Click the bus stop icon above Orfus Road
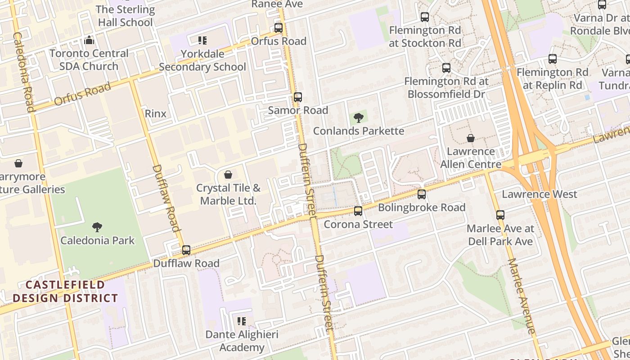click(279, 27)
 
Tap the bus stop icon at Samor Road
click(297, 97)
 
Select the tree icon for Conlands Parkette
click(359, 118)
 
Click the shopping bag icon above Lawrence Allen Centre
click(470, 138)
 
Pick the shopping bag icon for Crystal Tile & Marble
click(228, 175)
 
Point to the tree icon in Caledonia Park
click(97, 227)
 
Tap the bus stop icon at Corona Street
click(358, 211)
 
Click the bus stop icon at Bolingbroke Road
click(422, 194)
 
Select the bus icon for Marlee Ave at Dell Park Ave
click(500, 215)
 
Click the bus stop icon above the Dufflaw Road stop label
click(186, 250)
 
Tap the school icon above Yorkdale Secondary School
click(202, 41)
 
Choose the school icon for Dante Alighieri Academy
click(242, 321)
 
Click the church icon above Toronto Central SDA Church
click(89, 40)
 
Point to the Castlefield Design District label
click(65, 291)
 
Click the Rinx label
click(156, 113)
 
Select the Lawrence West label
click(539, 194)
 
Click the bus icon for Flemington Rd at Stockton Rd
click(425, 17)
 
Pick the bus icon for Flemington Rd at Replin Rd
click(553, 59)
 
